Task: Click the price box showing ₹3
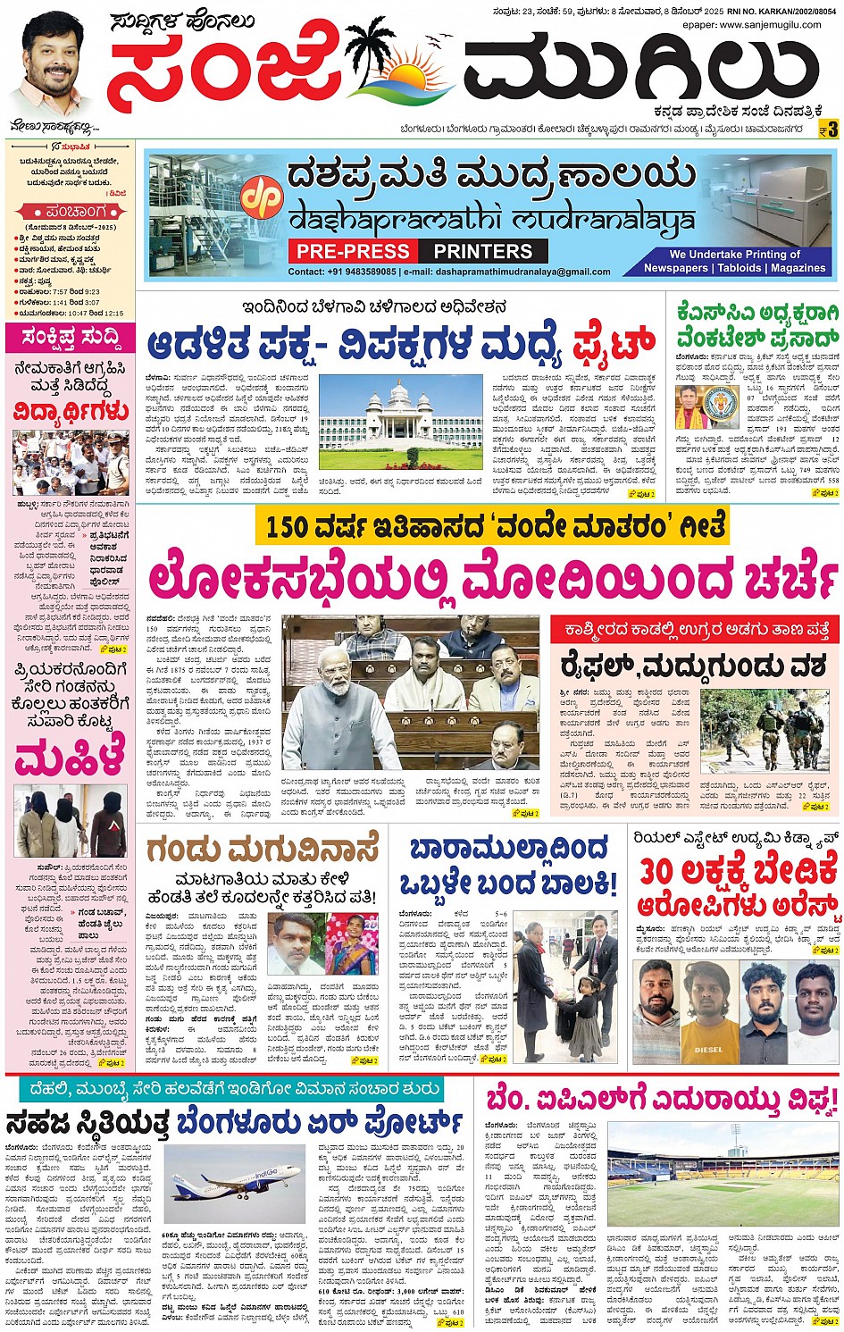pyautogui.click(x=828, y=130)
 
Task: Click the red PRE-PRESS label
pyautogui.click(x=354, y=251)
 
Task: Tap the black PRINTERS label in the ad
pyautogui.click(x=483, y=251)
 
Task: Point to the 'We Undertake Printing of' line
pyautogui.click(x=734, y=255)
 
